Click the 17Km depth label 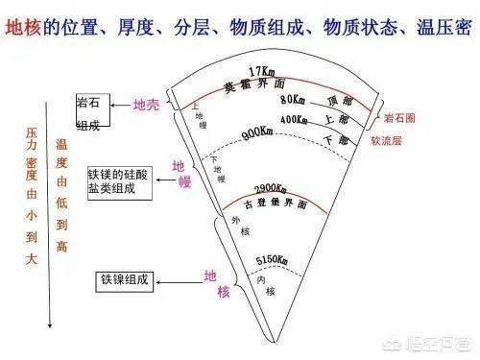(x=261, y=72)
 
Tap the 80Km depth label (x=293, y=100)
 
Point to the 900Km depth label (x=256, y=135)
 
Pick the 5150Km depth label (x=270, y=261)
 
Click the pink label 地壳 (x=146, y=105)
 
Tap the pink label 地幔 (x=180, y=174)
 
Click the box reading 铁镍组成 (x=124, y=281)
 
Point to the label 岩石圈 (x=400, y=118)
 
